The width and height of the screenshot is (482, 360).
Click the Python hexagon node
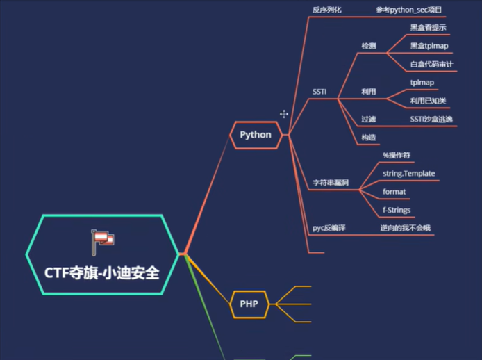coord(256,134)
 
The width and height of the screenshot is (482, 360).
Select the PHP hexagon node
coord(249,304)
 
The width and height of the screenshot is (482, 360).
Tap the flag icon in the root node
coord(103,240)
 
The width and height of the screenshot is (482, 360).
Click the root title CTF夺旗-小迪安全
coord(102,272)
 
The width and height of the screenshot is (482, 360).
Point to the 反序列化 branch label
coord(326,10)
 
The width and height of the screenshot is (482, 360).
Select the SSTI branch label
coord(319,91)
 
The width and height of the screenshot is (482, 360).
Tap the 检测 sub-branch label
coord(368,46)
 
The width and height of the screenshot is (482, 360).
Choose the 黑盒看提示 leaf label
coord(428,28)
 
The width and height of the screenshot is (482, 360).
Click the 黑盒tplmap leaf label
coord(429,46)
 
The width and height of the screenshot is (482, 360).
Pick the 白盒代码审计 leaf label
coord(431,65)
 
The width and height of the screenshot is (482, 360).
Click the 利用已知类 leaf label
coord(428,101)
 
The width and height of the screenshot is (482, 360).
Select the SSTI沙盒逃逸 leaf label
coord(431,119)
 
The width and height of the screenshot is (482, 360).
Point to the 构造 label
coord(368,137)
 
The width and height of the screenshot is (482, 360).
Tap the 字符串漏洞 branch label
coord(331,182)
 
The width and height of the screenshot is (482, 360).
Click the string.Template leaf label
coord(409,172)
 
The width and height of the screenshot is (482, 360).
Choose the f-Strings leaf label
coord(397,210)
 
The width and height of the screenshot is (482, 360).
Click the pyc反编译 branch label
coord(329,228)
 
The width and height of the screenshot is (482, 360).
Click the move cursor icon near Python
coord(284,114)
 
